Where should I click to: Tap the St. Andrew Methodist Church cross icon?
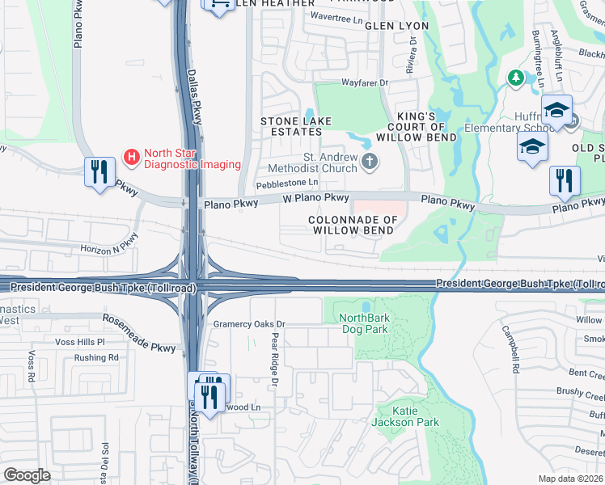pyautogui.click(x=370, y=161)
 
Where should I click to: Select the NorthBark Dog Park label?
pyautogui.click(x=363, y=323)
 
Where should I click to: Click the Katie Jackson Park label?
pyautogui.click(x=404, y=416)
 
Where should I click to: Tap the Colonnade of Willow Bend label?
pyautogui.click(x=354, y=225)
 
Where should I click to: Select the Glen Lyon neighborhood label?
pyautogui.click(x=397, y=27)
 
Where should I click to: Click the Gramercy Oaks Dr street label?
pyautogui.click(x=250, y=324)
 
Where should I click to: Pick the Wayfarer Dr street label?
pyautogui.click(x=365, y=82)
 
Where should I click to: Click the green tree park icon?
pyautogui.click(x=514, y=78)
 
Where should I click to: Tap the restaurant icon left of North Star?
pyautogui.click(x=99, y=172)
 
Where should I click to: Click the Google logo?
pyautogui.click(x=27, y=475)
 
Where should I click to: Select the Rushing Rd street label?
pyautogui.click(x=95, y=357)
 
